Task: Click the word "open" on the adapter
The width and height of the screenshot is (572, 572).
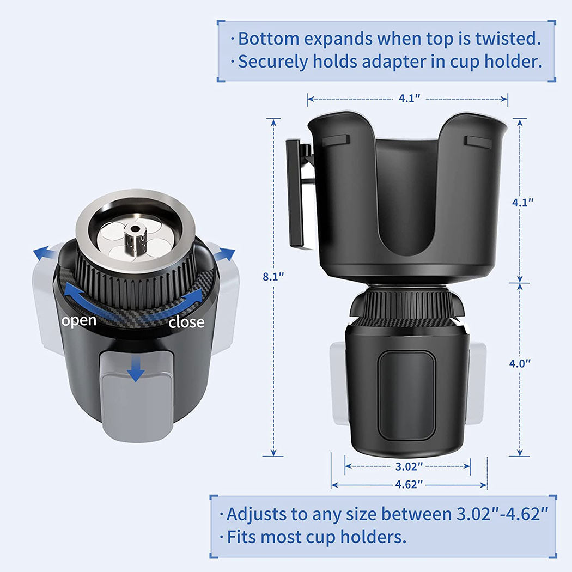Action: click(x=79, y=321)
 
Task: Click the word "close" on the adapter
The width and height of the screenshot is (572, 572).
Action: click(x=186, y=322)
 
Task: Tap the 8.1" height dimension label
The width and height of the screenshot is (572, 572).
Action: click(x=273, y=277)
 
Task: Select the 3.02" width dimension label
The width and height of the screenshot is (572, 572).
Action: click(x=409, y=466)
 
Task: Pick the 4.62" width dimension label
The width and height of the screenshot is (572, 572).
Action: click(x=409, y=484)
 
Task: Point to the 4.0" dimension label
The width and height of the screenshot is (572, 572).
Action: click(x=520, y=363)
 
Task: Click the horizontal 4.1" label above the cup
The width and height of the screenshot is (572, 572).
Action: click(x=409, y=99)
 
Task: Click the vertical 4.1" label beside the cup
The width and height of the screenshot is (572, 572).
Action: click(x=523, y=203)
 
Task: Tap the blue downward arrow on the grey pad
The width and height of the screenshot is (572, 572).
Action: click(x=136, y=369)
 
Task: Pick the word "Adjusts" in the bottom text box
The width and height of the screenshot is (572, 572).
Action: click(x=257, y=515)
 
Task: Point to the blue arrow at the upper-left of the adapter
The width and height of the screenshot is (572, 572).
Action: click(x=45, y=253)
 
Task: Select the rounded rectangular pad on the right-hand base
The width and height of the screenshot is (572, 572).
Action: click(x=407, y=395)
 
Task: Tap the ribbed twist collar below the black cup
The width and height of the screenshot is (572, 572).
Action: click(x=407, y=303)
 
